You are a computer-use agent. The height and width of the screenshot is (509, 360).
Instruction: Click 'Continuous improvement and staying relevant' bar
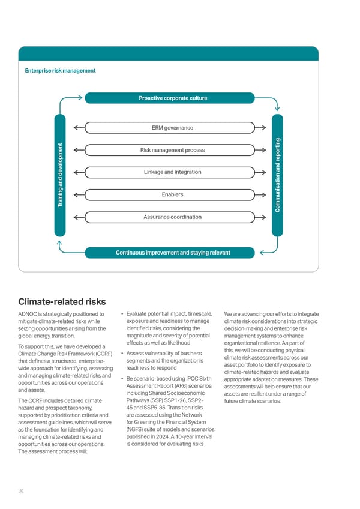coord(173,252)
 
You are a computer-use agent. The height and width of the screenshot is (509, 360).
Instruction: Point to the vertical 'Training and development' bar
coord(61,175)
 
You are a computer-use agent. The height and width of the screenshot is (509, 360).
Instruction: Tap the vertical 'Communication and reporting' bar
coord(279,175)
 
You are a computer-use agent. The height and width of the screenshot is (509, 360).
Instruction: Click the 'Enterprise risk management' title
coord(60,71)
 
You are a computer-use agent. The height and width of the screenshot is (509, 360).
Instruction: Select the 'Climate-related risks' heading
coord(62,301)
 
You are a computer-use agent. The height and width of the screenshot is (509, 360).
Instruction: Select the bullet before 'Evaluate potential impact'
coord(122,314)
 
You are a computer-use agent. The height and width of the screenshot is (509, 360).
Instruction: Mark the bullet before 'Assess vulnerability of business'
coord(122,353)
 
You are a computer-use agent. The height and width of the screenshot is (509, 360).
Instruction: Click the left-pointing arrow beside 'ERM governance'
coord(78,127)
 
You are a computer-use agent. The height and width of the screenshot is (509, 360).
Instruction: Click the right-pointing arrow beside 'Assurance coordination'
coord(262,217)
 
